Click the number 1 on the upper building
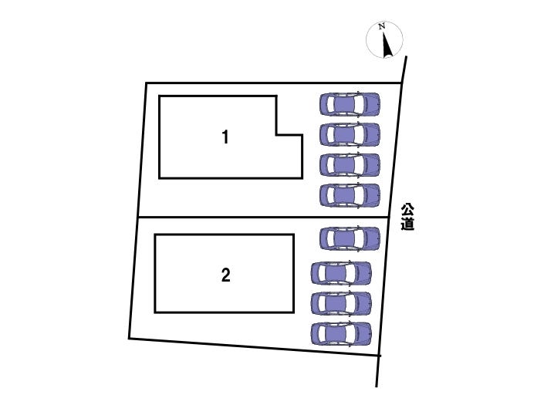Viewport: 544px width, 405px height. click(225, 137)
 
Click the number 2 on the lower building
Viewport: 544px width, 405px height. click(226, 275)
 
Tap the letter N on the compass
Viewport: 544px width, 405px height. click(382, 26)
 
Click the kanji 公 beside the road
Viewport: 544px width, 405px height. click(407, 210)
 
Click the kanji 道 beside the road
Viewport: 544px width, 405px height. click(407, 224)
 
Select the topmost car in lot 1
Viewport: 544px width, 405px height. click(350, 103)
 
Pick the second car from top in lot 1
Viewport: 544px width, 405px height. click(350, 134)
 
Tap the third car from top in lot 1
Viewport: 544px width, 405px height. click(350, 165)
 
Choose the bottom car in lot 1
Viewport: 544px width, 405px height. click(350, 195)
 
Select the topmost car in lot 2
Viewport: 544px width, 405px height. click(350, 238)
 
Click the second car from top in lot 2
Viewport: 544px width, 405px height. click(341, 273)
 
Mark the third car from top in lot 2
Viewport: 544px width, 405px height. click(341, 303)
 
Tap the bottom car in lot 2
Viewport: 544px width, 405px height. click(341, 333)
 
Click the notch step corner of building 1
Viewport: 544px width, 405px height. click(276, 134)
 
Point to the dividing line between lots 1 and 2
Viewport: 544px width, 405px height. click(264, 218)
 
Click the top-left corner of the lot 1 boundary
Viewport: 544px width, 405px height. click(146, 83)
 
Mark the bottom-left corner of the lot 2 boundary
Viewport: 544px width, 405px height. click(129, 338)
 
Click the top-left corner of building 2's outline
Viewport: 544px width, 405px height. click(155, 235)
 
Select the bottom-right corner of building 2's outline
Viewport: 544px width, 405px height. click(294, 312)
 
